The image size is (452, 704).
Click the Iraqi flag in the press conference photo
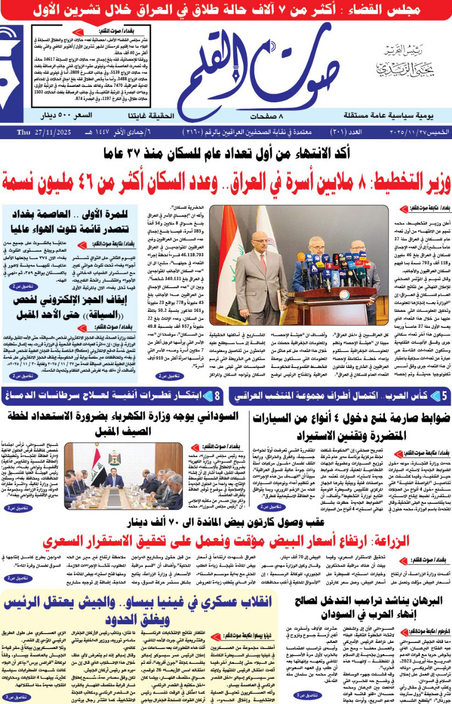coord(225,264)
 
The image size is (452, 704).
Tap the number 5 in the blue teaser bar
coord(444,395)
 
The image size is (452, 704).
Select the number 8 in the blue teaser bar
coord(217,395)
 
